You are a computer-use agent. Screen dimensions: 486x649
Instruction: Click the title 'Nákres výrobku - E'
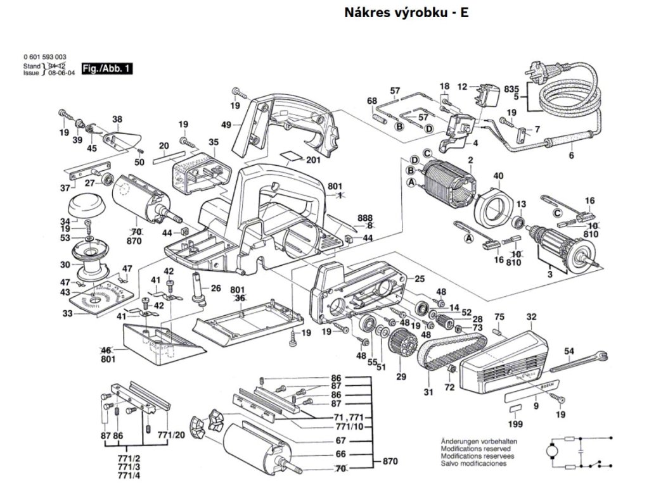(x=406, y=13)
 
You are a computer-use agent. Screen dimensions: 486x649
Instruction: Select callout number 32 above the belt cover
(x=531, y=316)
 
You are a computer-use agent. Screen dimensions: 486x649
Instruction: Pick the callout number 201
(x=312, y=160)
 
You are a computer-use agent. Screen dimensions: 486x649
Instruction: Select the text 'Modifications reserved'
(x=470, y=447)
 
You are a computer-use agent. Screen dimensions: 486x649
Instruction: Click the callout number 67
(x=340, y=440)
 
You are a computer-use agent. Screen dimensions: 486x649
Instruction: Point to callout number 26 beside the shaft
(x=215, y=289)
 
